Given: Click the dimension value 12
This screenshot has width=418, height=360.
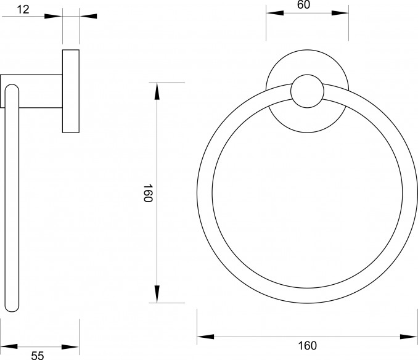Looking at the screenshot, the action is coord(23,10).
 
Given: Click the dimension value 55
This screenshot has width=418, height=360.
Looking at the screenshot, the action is coord(38,355).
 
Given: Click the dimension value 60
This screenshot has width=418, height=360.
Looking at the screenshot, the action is coord(303,4).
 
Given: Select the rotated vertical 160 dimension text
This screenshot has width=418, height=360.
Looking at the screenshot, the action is coord(147,193).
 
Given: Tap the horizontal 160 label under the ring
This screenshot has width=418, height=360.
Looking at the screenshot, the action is coord(308,346).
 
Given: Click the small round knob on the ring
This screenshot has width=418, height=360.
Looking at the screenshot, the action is coord(307,91).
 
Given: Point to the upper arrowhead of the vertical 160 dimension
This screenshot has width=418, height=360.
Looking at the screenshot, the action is coord(157,91).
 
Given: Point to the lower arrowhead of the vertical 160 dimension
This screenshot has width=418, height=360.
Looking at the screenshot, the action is coord(157,294).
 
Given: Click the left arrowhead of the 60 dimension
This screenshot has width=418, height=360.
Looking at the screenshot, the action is coord(274,13).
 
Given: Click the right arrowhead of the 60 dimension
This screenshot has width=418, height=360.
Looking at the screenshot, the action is coord(340,13).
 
